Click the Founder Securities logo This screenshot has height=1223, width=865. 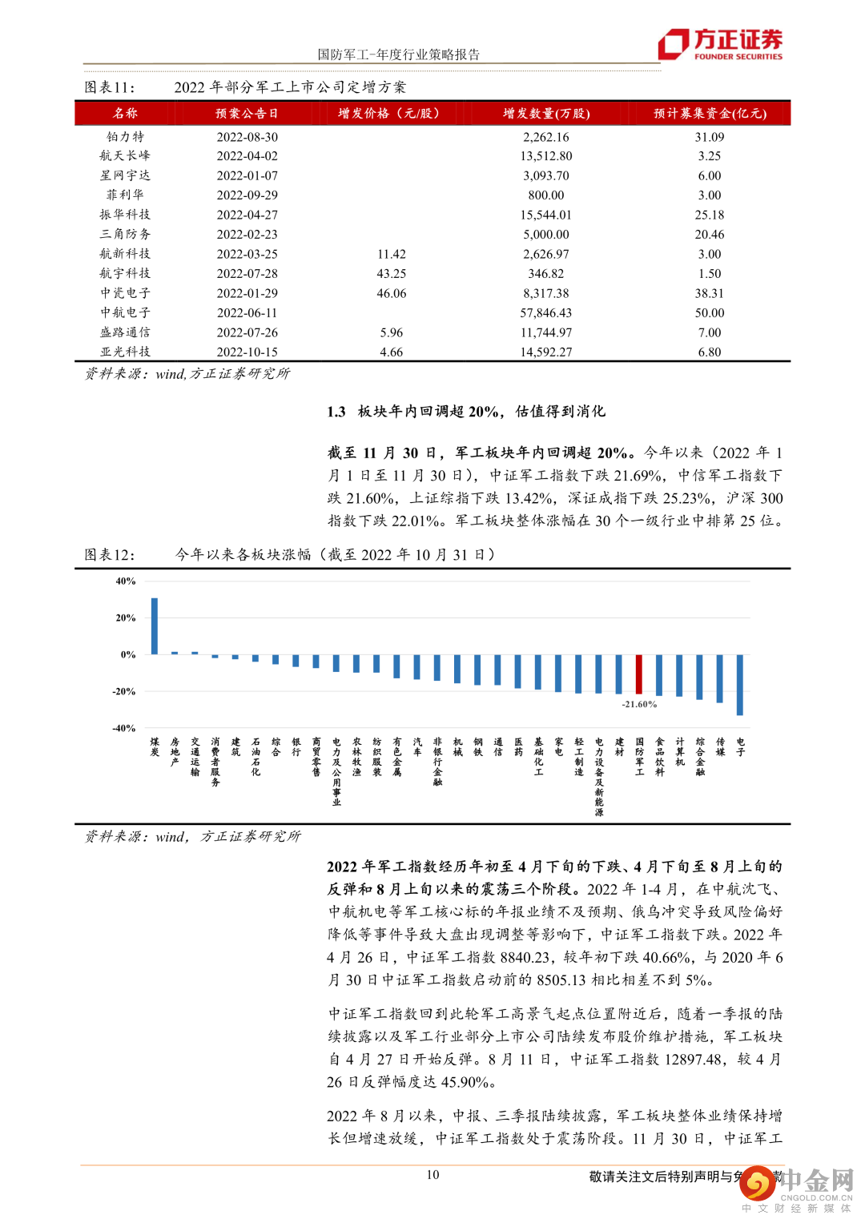[720, 44]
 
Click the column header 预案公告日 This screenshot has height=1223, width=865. [247, 114]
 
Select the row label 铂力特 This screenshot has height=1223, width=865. [125, 137]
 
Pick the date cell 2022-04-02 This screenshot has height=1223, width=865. [247, 156]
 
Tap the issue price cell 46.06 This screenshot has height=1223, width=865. [391, 294]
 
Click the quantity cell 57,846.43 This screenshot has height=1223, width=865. [546, 313]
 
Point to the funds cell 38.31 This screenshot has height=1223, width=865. [709, 294]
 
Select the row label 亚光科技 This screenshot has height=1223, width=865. [125, 352]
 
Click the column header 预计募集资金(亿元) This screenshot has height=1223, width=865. [710, 114]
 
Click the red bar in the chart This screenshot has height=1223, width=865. [639, 674]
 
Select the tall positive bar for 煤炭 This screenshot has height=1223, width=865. [155, 626]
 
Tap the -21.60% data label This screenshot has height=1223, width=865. [639, 705]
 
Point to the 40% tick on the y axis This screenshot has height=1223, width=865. [126, 581]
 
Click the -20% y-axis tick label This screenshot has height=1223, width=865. [124, 691]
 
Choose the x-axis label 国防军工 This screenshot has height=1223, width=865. [639, 757]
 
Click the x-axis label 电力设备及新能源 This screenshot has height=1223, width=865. [599, 776]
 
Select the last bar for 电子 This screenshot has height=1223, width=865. [740, 685]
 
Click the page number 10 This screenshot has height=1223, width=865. [432, 1175]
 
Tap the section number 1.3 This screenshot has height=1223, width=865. [336, 412]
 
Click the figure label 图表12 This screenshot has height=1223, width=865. [110, 555]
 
